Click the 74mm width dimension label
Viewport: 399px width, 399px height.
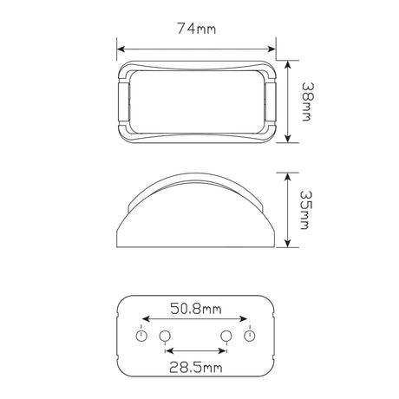(x=197, y=29)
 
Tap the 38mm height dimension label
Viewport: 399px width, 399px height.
(x=306, y=101)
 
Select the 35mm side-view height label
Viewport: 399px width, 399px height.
(x=305, y=210)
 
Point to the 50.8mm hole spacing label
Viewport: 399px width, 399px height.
(x=196, y=309)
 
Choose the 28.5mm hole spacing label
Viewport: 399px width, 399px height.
(x=196, y=367)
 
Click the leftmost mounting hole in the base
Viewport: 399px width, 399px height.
(x=141, y=336)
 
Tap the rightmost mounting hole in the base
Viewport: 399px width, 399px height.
(x=249, y=336)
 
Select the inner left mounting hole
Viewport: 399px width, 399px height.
(x=165, y=336)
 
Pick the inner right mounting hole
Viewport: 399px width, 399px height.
(x=226, y=336)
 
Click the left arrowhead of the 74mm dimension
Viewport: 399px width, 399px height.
(x=121, y=49)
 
